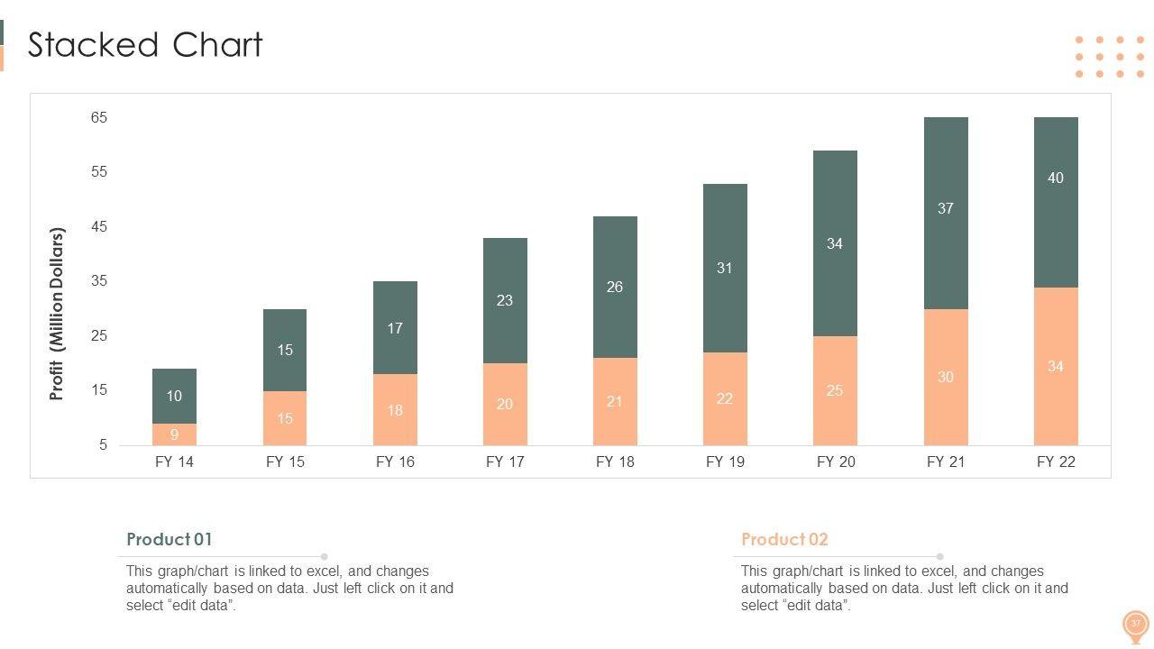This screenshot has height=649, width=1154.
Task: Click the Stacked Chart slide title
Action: coord(145,45)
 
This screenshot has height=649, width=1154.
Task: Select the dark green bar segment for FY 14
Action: coord(174,383)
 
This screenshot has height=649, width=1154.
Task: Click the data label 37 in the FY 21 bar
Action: coord(945,208)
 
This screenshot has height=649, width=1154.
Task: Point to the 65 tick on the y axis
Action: coord(98,117)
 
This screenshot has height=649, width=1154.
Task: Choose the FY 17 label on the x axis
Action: coord(505,462)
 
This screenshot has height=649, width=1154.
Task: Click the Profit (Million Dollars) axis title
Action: coord(58,314)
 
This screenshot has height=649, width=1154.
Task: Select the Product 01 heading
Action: coord(169,539)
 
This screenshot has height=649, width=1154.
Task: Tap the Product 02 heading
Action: coord(784,539)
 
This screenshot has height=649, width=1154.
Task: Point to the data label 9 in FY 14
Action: coord(174,434)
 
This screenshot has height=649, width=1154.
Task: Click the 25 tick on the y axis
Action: coord(98,335)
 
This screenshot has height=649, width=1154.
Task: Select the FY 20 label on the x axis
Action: coord(836,462)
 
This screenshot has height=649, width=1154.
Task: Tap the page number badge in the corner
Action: coord(1135,624)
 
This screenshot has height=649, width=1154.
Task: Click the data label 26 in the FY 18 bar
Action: coord(615,287)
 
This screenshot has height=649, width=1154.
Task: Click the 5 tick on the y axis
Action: coord(103,444)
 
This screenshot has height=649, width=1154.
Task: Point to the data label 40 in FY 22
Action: coord(1056,178)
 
